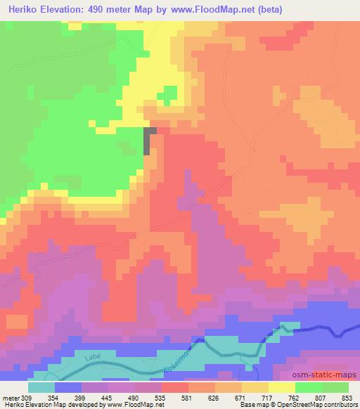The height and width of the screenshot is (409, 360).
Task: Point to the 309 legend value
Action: pos(26,398)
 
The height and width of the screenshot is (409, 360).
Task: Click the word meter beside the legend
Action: pos(9,398)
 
